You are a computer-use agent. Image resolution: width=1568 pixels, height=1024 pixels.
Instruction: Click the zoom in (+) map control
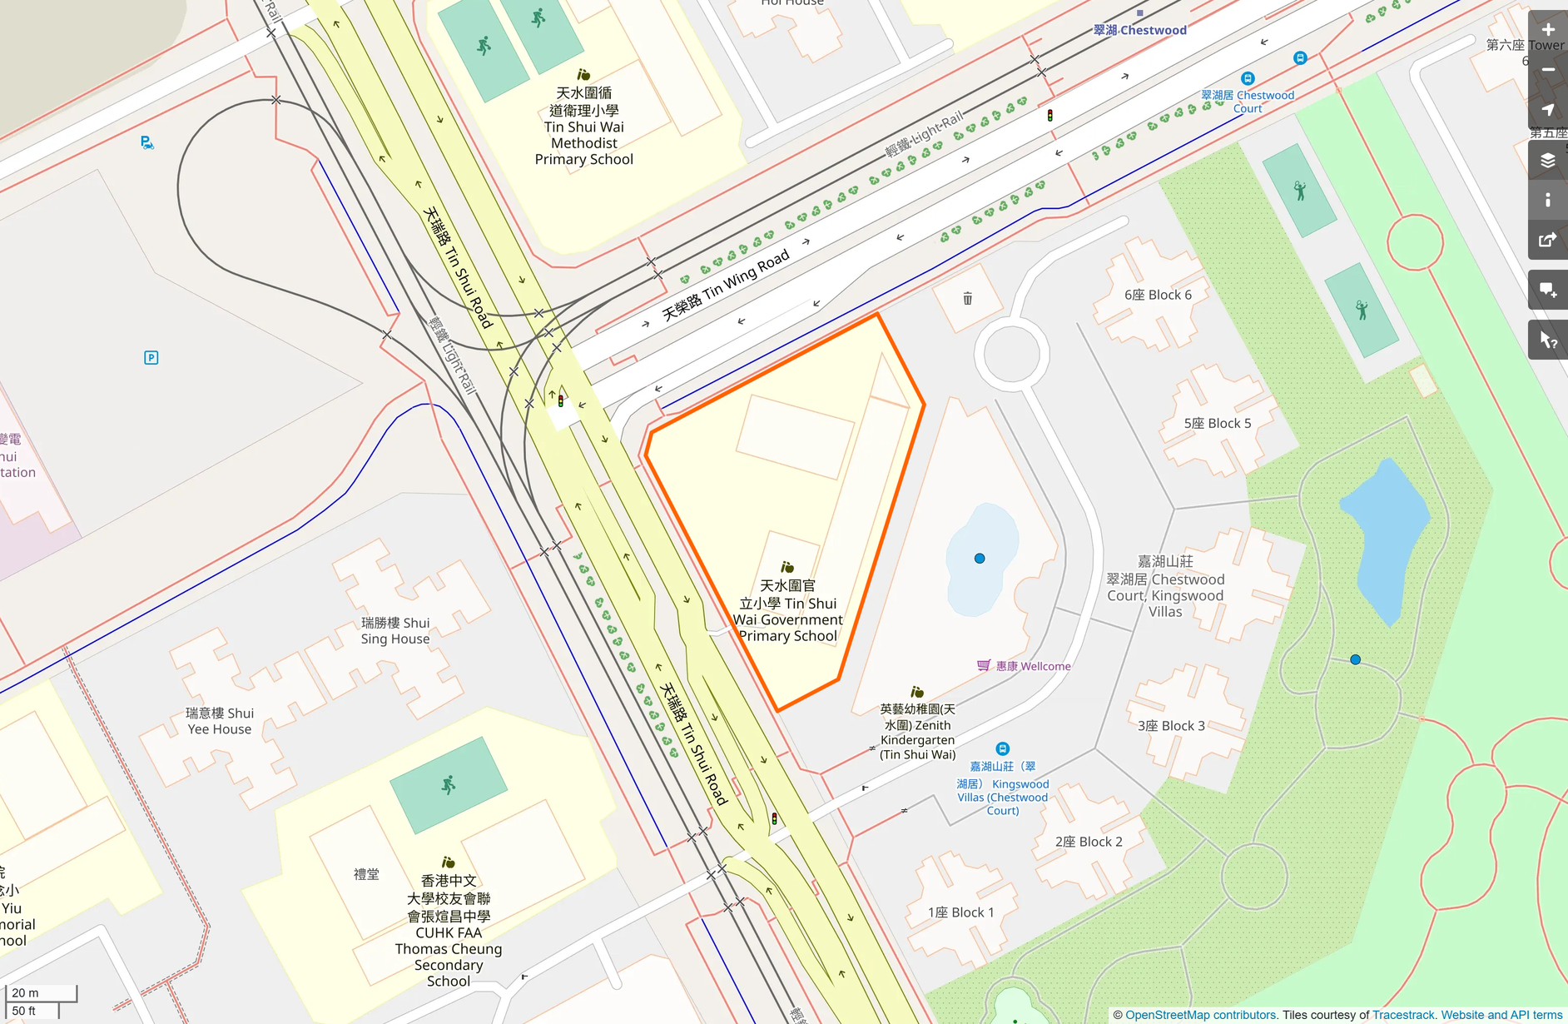pos(1548,30)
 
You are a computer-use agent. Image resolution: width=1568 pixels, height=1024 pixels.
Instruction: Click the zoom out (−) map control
pos(1548,70)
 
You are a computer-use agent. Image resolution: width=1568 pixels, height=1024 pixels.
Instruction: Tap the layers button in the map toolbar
pos(1548,161)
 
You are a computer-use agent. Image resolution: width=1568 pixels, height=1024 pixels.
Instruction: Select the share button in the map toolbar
pos(1548,241)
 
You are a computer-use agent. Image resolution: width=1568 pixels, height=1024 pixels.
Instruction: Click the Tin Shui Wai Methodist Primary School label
pos(583,127)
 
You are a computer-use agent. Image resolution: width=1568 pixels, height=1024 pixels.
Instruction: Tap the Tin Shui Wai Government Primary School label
pos(787,611)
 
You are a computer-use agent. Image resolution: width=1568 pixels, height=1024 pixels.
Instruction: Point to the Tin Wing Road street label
pos(725,286)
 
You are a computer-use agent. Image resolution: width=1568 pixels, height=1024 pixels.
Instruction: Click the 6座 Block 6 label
pos(1158,295)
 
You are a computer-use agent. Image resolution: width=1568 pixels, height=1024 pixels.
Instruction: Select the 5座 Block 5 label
pos(1217,423)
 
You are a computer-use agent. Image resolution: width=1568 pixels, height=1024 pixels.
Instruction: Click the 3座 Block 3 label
pos(1171,726)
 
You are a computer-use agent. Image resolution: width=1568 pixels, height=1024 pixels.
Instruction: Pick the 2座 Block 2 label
pos(1089,842)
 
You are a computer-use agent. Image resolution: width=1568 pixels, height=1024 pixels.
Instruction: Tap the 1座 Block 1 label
pos(960,912)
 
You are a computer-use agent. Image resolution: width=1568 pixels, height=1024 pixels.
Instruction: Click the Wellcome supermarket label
pos(1033,666)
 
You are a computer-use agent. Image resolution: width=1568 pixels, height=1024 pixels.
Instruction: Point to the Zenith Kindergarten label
pos(917,732)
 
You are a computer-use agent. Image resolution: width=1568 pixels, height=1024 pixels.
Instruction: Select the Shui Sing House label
pos(395,631)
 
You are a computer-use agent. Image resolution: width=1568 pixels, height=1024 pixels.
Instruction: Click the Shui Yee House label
pos(219,721)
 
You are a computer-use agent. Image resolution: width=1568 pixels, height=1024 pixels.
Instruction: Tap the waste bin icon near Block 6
pos(967,298)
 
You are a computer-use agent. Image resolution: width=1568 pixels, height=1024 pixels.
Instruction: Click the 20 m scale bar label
pos(25,992)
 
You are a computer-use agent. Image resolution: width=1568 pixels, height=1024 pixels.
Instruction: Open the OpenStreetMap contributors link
pos(1200,1015)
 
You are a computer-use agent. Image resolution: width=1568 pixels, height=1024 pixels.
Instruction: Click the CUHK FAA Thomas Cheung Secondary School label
pos(448,931)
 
